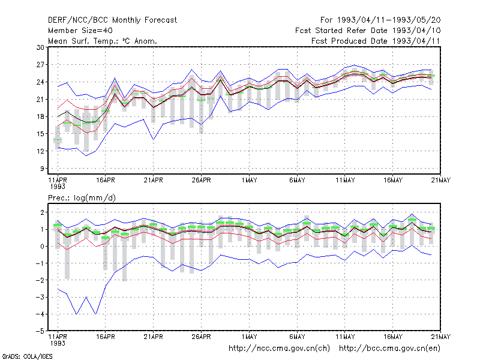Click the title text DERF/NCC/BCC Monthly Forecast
pyautogui.click(x=112, y=20)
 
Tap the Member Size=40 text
pyautogui.click(x=80, y=31)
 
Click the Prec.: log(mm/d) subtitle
pyautogui.click(x=82, y=198)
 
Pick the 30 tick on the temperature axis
pyautogui.click(x=40, y=47)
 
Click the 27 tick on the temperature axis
pyautogui.click(x=40, y=65)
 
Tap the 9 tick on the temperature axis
pyautogui.click(x=42, y=169)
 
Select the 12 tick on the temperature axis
pyautogui.click(x=40, y=151)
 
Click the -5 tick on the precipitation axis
pyautogui.click(x=40, y=331)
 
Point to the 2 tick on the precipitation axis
pyautogui.click(x=42, y=212)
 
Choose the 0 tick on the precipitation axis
pyautogui.click(x=42, y=246)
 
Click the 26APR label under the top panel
pyautogui.click(x=201, y=180)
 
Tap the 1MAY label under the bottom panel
pyautogui.click(x=249, y=337)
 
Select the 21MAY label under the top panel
pyautogui.click(x=441, y=180)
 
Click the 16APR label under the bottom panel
pyautogui.click(x=106, y=337)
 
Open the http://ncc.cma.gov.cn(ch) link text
pyautogui.click(x=279, y=349)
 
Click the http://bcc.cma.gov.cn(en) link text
pyautogui.click(x=389, y=349)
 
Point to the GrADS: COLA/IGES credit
pyautogui.click(x=27, y=356)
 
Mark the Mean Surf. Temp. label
pyautogui.click(x=83, y=41)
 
